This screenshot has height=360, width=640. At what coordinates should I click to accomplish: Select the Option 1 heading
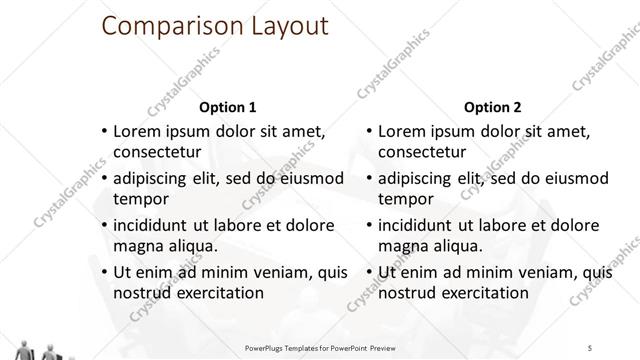pos(228,107)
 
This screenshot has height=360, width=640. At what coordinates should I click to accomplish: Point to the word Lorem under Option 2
pos(402,131)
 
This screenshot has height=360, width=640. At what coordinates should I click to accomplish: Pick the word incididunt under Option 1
pos(157,225)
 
